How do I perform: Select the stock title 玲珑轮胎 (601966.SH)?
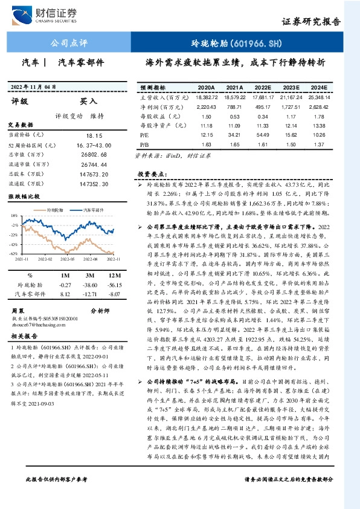[x=245, y=44]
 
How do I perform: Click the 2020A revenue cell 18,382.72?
[x=207, y=97]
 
